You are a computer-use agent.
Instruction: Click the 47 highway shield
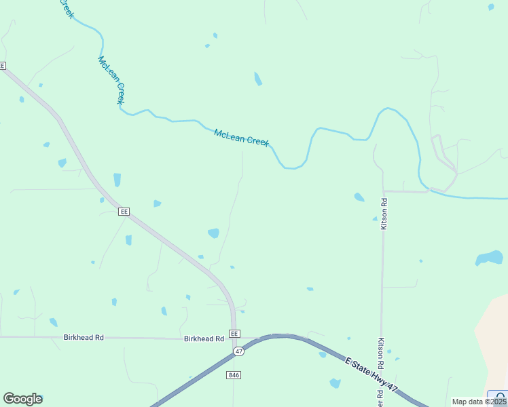coord(238,351)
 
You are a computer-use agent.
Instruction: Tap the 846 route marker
coord(235,374)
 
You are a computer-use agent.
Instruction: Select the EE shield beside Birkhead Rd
coord(234,334)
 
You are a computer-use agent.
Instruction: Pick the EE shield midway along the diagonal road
coord(124,212)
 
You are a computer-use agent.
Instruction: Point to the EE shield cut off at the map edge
coord(3,66)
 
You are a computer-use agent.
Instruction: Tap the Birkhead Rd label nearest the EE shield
coord(204,338)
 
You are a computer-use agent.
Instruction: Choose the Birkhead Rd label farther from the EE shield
coord(84,336)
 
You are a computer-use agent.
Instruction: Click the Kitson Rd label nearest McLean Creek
coord(384,214)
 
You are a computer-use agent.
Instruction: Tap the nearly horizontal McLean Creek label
coord(241,136)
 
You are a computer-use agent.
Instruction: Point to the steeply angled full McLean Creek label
coord(111,79)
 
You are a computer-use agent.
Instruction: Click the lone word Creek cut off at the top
coord(67,8)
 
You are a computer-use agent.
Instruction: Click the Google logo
coord(22,399)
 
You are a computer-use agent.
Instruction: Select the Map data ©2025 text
coord(479,402)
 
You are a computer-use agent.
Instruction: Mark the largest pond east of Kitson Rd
coord(490,258)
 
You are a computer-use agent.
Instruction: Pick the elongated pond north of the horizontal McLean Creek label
coord(257,79)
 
